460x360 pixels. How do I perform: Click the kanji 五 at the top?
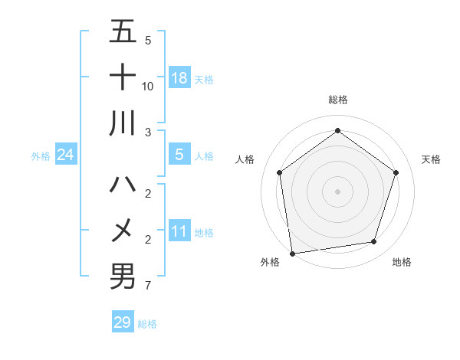click(123, 33)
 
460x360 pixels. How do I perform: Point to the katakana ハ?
click(123, 185)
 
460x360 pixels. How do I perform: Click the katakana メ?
click(123, 230)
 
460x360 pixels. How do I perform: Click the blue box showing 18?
click(179, 78)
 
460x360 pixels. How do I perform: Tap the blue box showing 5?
click(179, 155)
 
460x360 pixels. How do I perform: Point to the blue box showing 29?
click(123, 322)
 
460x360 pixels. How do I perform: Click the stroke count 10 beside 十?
click(148, 87)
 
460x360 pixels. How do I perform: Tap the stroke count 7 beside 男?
click(148, 286)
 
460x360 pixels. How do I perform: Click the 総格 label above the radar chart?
click(337, 100)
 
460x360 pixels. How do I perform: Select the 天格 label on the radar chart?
click(431, 159)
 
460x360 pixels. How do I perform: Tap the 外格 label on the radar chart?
click(270, 262)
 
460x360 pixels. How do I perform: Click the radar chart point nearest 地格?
click(374, 242)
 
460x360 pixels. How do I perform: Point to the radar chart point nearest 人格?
click(279, 172)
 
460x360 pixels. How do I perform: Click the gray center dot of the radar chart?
click(337, 191)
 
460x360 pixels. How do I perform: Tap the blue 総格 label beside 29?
click(147, 324)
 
